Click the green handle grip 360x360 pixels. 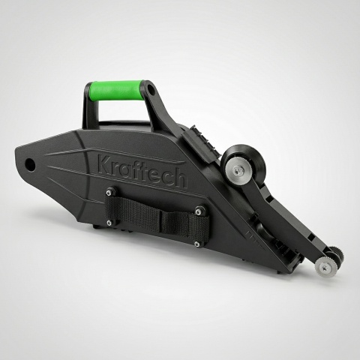point(116,90)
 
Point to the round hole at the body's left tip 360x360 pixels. point(30,164)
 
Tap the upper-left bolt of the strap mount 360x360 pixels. point(109,192)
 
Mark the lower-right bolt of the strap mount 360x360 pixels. point(197,243)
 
